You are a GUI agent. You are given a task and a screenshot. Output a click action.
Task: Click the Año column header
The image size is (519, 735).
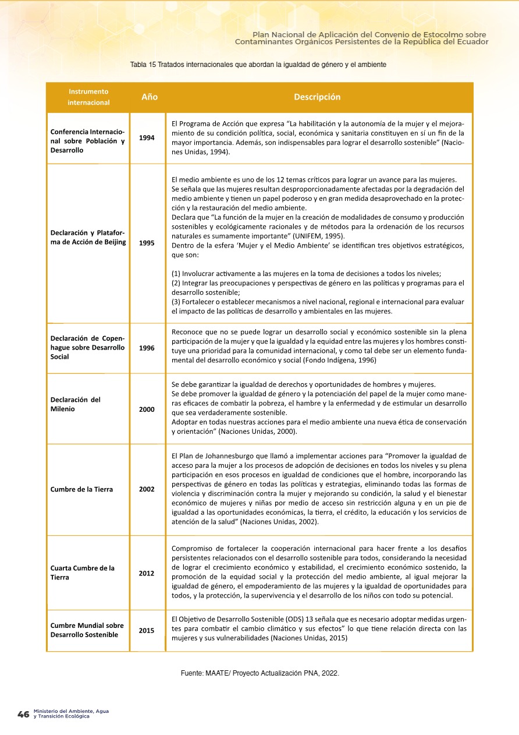[x=150, y=97]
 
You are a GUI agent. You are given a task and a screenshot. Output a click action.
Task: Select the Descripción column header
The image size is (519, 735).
[x=317, y=97]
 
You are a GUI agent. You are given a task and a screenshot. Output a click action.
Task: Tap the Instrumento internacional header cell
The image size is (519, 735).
[x=88, y=97]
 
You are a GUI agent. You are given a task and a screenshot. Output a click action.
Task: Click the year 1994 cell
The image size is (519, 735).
[x=147, y=138]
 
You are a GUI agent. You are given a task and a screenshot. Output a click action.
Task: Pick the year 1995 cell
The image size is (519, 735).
[x=147, y=243]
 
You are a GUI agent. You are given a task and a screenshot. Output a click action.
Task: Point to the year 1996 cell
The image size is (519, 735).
[x=147, y=348]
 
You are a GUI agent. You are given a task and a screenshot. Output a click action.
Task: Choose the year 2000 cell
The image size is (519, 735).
[x=147, y=409]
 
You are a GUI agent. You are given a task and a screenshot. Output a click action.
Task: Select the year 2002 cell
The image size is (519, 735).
[x=147, y=489]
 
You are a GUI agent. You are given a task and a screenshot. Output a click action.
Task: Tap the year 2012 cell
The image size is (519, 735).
[x=147, y=574]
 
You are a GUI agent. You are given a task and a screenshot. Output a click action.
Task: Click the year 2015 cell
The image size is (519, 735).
[x=147, y=630]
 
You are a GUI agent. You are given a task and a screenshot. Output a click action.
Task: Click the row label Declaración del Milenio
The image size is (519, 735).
[x=75, y=404]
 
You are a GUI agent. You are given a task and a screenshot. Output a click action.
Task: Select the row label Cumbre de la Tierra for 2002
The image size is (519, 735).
[x=81, y=489]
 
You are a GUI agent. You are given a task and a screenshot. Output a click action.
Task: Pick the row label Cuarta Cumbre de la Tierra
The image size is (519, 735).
[x=82, y=573]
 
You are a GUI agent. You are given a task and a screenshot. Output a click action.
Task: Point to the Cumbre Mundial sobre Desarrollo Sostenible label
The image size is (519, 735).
[x=87, y=630]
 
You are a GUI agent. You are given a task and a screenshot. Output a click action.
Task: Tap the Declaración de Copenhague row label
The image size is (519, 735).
[x=87, y=348]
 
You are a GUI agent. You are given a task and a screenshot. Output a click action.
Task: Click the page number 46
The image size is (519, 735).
[x=23, y=715]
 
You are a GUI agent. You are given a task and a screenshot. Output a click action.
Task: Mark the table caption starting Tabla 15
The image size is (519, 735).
[x=258, y=63]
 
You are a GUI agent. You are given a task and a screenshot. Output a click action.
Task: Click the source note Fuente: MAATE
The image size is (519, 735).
[x=259, y=673]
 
